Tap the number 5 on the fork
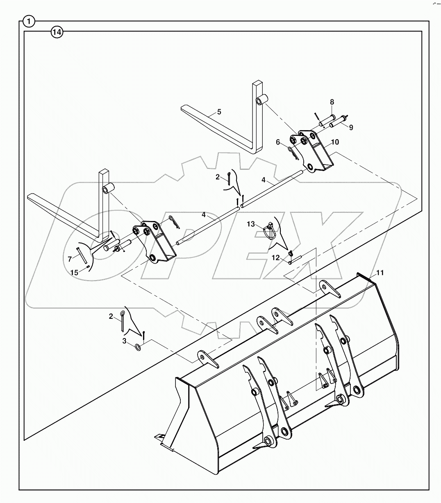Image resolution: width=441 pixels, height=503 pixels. pos(219,112)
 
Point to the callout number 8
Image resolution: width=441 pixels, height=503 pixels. pos(332,102)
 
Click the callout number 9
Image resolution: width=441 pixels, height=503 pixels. pos(351,127)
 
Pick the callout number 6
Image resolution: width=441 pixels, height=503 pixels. pos(278,142)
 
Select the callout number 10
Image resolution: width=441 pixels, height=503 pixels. pos(335,142)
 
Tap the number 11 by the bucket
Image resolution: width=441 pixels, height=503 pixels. pos(380,272)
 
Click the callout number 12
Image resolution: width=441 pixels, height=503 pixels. pos(275,257)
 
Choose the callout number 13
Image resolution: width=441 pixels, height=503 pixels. pos(250,224)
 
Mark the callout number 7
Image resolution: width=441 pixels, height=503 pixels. pos(70,259)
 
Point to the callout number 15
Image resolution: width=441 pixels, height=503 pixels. pos(74,273)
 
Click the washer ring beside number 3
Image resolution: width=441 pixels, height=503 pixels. pos(138,348)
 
